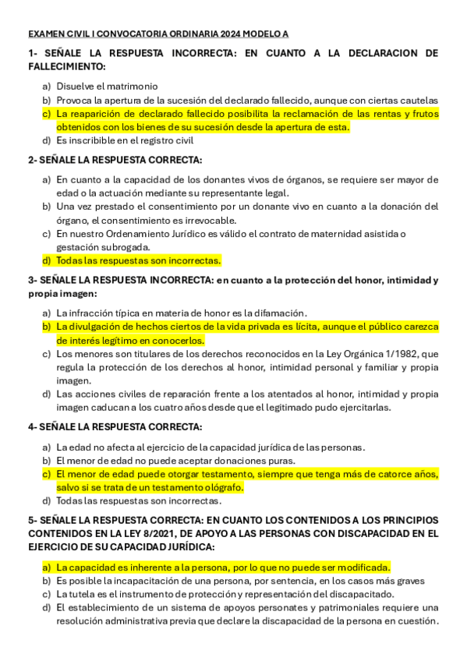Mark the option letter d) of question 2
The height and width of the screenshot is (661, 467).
pyautogui.click(x=47, y=260)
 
